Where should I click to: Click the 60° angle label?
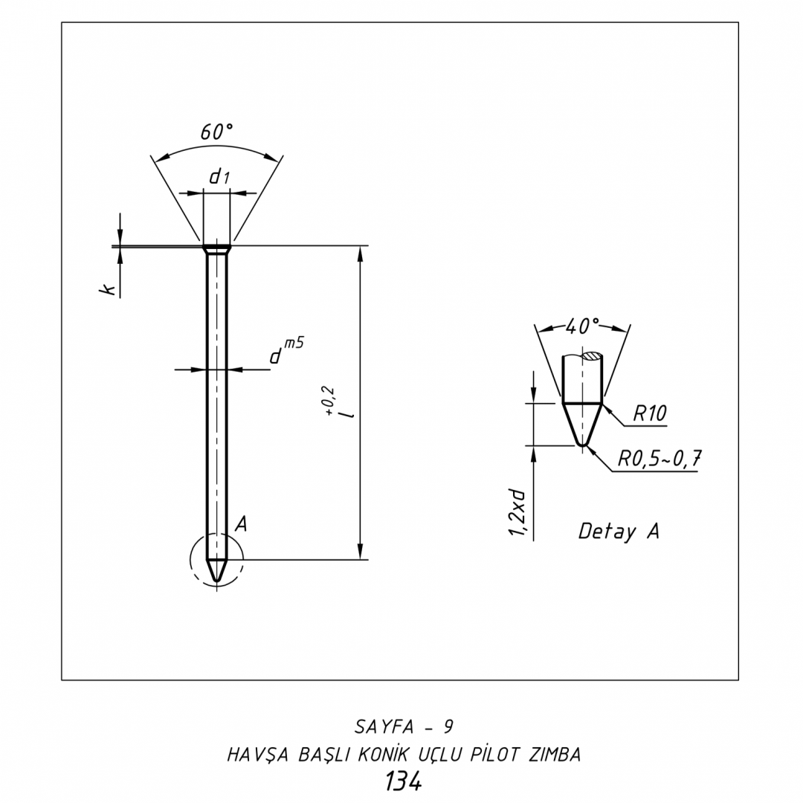[x=216, y=132]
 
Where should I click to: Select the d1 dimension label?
[x=219, y=177]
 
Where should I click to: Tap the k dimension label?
[x=108, y=290]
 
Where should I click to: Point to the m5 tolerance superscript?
[x=294, y=343]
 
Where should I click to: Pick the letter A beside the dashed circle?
[x=241, y=524]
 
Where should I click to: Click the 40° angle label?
[x=582, y=326]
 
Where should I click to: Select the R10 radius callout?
[x=649, y=413]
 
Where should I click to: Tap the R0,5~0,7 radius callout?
[x=659, y=458]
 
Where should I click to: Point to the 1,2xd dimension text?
[x=517, y=512]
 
